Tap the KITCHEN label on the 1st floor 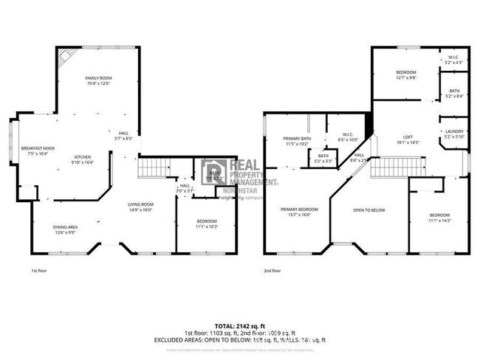[82, 157]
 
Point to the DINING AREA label [64, 227]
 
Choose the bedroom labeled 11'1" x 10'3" [206, 222]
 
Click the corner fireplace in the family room [66, 55]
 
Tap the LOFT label [407, 137]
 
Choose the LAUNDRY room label [453, 132]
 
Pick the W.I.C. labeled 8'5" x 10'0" [347, 136]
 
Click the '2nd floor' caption [272, 271]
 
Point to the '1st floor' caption [40, 271]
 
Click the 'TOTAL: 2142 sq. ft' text [240, 325]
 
